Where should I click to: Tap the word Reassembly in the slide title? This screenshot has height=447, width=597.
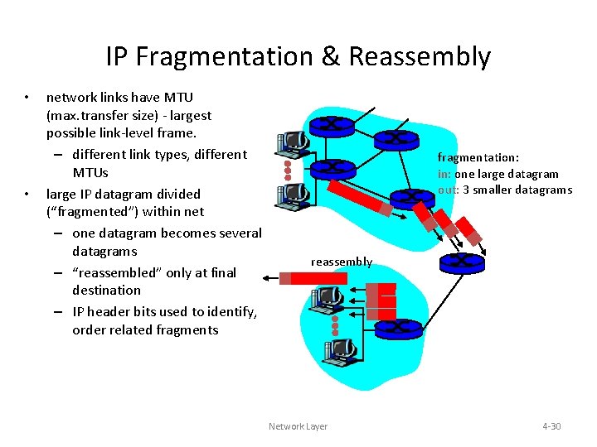(420, 56)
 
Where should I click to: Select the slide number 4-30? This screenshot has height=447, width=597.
(551, 426)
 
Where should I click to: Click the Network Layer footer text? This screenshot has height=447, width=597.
(298, 426)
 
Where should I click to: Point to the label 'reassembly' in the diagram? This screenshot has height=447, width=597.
(341, 262)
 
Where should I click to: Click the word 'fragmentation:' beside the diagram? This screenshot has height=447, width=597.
(478, 157)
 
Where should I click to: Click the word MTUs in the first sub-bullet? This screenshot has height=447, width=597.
(90, 172)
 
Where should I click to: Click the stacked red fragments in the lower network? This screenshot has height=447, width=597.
(382, 300)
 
